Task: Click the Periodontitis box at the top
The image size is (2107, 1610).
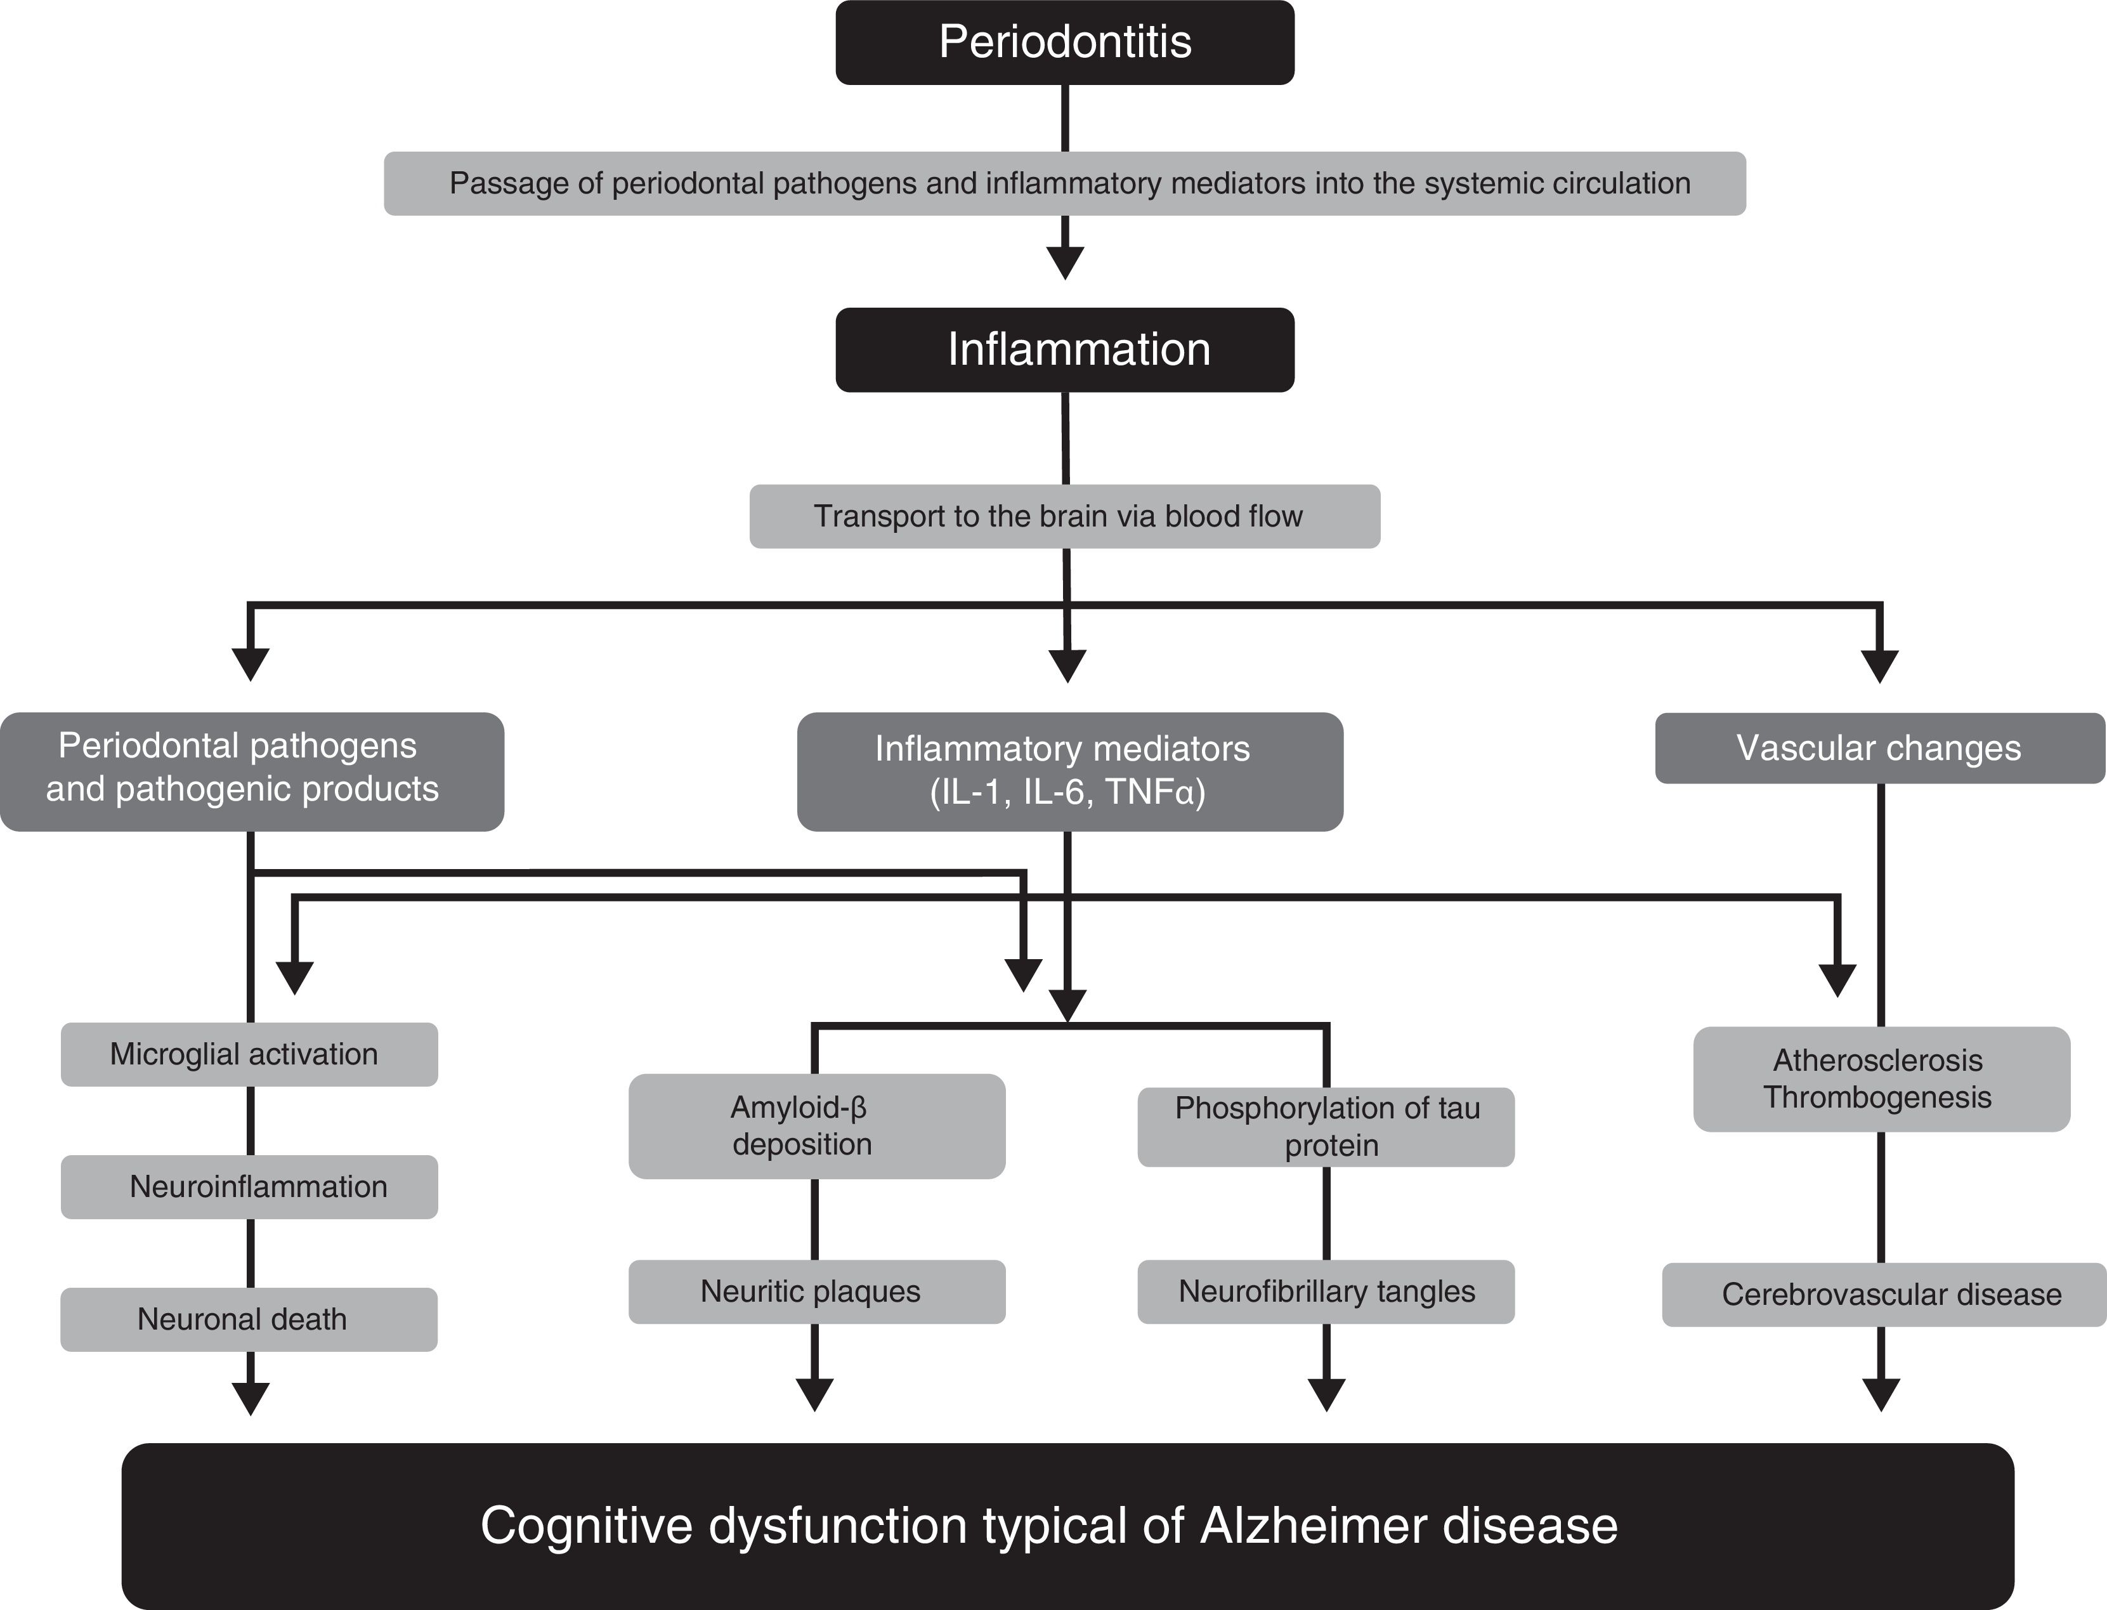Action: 1064,42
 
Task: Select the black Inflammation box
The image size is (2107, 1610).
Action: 1064,350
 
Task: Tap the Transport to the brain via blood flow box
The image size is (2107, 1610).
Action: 1064,516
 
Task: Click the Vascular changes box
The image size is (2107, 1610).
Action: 1879,749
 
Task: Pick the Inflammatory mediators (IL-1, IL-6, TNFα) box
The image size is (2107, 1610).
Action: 1069,771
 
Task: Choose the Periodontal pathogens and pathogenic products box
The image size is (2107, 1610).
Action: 251,771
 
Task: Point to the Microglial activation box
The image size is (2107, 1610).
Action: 249,1054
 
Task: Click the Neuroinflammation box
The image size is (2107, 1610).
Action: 249,1186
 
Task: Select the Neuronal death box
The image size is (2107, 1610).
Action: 249,1319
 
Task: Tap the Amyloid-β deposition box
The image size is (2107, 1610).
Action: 816,1126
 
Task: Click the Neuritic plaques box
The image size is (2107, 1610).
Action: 816,1292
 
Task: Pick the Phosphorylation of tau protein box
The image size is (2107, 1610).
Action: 1326,1127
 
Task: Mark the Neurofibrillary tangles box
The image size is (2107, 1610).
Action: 1326,1292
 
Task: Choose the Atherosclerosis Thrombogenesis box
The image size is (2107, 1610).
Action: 1881,1079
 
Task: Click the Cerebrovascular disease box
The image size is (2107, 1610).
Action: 1884,1295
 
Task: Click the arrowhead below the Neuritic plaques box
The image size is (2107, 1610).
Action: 814,1394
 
